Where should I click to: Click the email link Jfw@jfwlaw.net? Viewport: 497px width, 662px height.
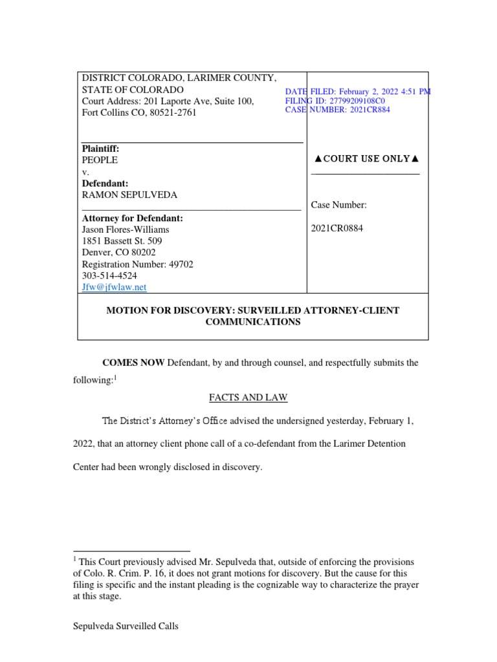tap(114, 287)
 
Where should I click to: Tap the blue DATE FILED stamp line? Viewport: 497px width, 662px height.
tap(357, 92)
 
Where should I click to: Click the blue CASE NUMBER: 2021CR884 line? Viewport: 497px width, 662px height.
tap(337, 110)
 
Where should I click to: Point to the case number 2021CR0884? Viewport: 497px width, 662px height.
tap(337, 228)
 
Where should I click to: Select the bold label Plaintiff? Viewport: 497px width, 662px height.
tap(100, 149)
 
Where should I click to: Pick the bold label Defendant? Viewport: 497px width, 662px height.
tap(105, 184)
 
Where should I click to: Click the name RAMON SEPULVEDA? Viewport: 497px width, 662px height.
tap(129, 195)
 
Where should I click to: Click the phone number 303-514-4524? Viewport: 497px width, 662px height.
tap(109, 275)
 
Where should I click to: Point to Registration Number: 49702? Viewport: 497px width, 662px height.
tap(137, 264)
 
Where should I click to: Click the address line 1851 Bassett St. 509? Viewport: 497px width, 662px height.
tap(122, 241)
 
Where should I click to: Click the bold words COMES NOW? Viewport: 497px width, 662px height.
tap(133, 363)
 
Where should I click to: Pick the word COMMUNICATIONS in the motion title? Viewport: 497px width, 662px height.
tap(252, 322)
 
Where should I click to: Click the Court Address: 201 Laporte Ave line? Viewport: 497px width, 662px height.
tap(168, 101)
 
